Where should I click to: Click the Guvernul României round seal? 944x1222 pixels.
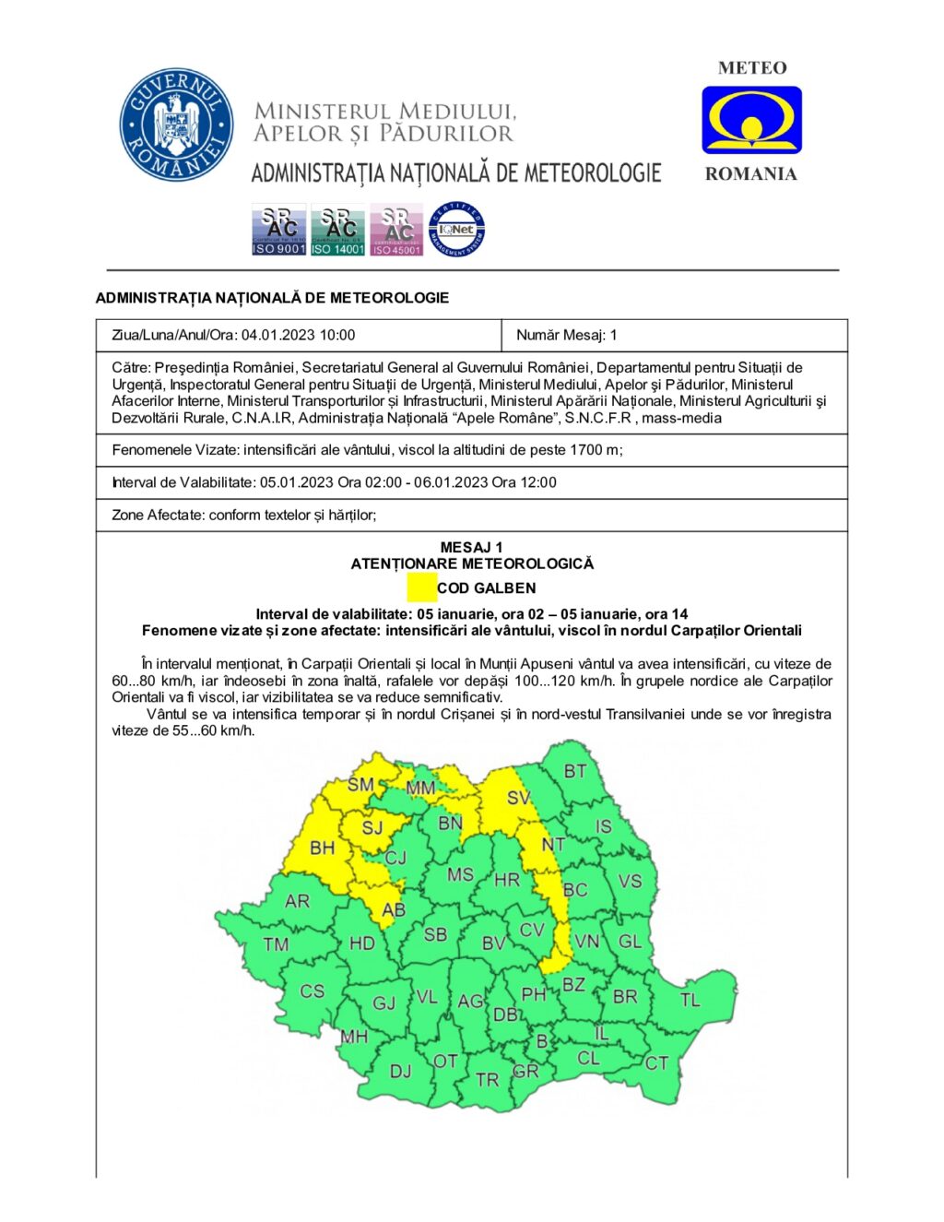(x=176, y=125)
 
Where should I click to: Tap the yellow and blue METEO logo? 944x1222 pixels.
(x=751, y=120)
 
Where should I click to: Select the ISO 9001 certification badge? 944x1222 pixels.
(x=278, y=230)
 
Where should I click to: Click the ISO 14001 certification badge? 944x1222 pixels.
(x=337, y=230)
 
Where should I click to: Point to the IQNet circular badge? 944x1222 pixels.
(x=456, y=230)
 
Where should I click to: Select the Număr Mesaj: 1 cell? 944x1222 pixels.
(x=567, y=335)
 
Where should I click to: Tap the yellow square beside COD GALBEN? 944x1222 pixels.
(x=422, y=587)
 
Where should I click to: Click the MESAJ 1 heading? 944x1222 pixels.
(x=471, y=547)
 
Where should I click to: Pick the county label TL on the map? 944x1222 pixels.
(x=690, y=1000)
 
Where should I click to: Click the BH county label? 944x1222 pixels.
(x=322, y=848)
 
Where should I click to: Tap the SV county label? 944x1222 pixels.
(x=519, y=798)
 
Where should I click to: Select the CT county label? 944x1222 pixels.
(x=656, y=1063)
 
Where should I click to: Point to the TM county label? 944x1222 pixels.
(x=276, y=944)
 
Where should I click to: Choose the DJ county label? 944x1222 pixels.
(x=400, y=1071)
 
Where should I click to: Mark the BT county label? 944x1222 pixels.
(x=574, y=771)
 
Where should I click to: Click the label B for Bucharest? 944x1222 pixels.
(x=542, y=1042)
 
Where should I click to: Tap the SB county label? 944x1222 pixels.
(x=435, y=934)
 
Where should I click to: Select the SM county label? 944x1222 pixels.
(x=360, y=785)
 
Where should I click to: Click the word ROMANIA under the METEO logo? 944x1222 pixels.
(x=750, y=174)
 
